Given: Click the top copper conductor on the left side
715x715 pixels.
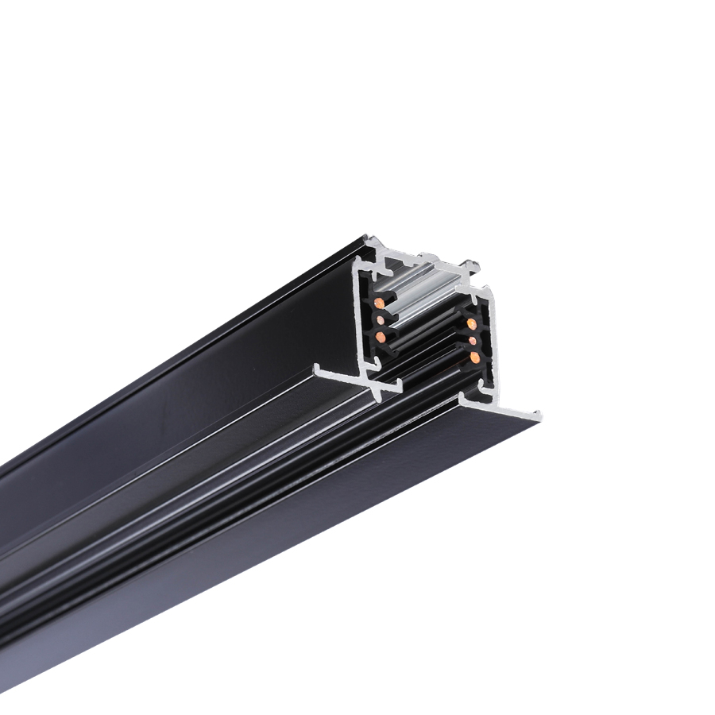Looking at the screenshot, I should coord(381,303).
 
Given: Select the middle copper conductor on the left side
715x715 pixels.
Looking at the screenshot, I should coord(379,320).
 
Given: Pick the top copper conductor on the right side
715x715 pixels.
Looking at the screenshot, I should coord(471,324).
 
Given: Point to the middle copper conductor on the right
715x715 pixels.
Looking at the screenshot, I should coord(473,341).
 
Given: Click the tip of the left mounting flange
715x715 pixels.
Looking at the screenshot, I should coord(319,369).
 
